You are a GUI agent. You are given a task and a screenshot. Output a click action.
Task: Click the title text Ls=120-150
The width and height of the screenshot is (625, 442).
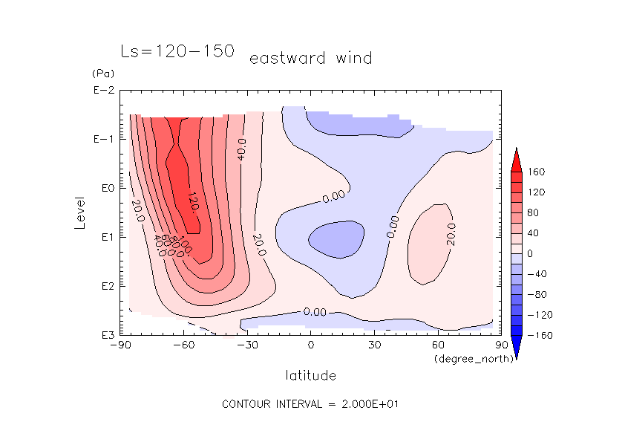click(177, 51)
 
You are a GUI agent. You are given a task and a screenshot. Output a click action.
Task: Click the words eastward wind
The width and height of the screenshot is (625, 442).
click(310, 58)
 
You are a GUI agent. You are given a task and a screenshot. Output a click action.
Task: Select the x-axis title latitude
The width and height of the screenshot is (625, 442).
click(310, 375)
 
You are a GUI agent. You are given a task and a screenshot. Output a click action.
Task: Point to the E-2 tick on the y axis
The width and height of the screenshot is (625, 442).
click(103, 91)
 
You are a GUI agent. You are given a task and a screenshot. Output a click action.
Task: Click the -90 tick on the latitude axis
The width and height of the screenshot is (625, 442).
click(120, 345)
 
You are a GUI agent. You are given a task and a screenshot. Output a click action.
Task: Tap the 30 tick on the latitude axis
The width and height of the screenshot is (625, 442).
click(374, 345)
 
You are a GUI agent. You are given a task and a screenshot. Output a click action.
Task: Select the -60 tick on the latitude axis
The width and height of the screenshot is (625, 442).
click(183, 345)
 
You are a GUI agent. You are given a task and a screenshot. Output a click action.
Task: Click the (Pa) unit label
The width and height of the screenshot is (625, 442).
click(101, 74)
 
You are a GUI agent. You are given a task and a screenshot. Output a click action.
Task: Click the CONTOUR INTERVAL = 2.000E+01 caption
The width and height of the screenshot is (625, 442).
click(311, 404)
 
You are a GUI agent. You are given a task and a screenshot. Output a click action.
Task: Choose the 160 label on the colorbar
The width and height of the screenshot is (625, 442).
click(537, 172)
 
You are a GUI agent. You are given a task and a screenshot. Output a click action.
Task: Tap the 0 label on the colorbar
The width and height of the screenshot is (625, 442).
click(531, 253)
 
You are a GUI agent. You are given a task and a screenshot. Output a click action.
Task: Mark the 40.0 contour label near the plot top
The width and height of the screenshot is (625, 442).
click(242, 149)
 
